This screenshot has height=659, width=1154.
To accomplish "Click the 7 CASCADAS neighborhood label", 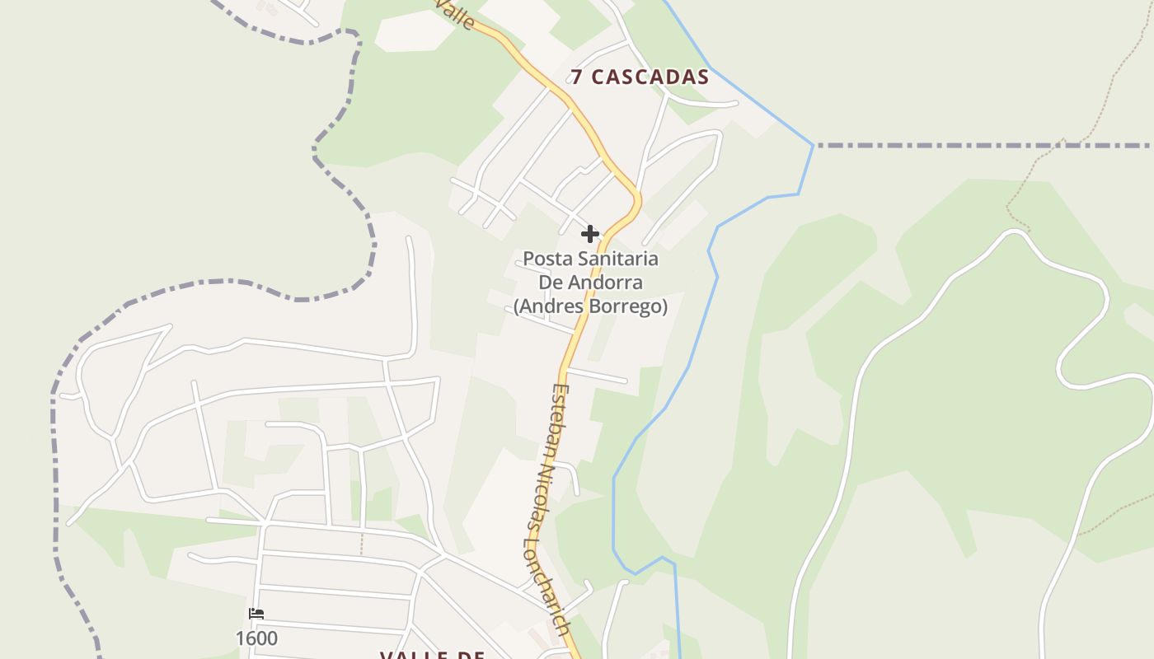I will coord(640,77).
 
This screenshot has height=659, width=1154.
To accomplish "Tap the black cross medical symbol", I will coord(590,234).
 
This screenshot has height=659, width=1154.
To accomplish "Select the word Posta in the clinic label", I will coord(547,259).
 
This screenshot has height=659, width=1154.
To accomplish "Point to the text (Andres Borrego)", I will coord(590,306).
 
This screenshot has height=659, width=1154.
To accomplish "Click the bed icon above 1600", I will coord(256,614).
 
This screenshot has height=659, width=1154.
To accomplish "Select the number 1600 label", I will coord(256,638).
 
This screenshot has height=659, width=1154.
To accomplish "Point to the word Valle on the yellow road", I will coord(456,14).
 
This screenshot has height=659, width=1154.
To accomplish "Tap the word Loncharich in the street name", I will coord(549,588).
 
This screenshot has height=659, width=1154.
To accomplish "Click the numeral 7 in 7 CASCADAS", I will coord(578,77).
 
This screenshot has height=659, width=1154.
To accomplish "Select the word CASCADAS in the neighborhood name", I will coord(650,77).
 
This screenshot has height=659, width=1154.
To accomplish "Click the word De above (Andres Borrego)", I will coord(551,283).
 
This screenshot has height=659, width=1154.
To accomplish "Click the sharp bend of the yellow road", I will coord(636,199).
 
